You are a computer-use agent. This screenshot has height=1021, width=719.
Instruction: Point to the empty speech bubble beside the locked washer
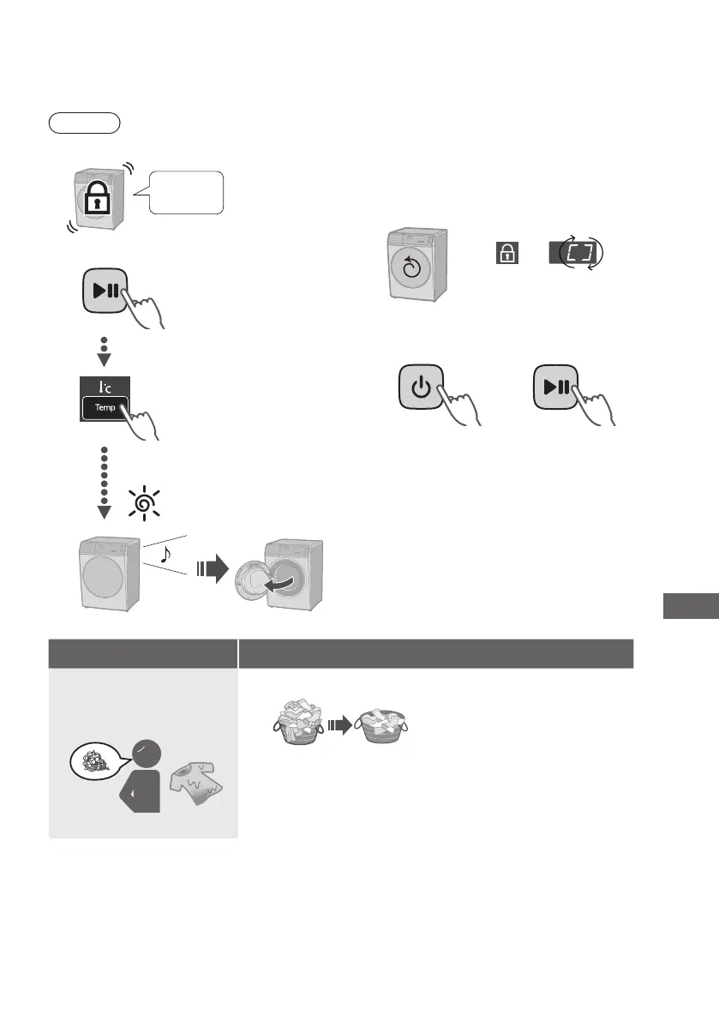[186, 192]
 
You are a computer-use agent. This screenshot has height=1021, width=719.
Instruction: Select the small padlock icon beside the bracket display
[506, 253]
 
